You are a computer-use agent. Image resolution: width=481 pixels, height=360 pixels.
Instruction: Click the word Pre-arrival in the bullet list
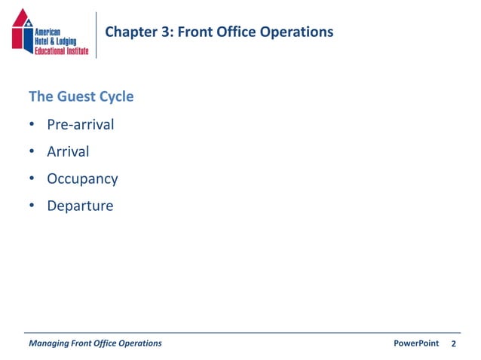click(x=80, y=124)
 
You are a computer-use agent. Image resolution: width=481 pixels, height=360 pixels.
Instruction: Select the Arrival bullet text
click(x=68, y=151)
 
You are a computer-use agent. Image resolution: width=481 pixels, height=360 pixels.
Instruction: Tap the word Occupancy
click(x=82, y=179)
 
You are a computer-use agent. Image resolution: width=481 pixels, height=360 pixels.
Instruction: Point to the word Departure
click(x=80, y=206)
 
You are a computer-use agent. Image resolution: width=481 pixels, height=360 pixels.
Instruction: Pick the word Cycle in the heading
click(x=116, y=97)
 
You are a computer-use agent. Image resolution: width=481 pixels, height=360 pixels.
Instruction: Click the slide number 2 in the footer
click(x=454, y=344)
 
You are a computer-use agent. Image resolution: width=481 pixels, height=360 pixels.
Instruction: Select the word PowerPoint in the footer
click(x=416, y=343)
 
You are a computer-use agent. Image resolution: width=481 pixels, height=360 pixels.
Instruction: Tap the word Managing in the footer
click(x=48, y=343)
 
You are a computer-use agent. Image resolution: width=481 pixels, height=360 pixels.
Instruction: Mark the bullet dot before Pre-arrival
click(x=32, y=125)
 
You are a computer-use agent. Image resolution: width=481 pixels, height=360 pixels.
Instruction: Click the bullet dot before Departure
click(x=32, y=206)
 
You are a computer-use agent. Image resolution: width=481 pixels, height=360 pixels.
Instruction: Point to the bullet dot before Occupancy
click(x=32, y=179)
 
